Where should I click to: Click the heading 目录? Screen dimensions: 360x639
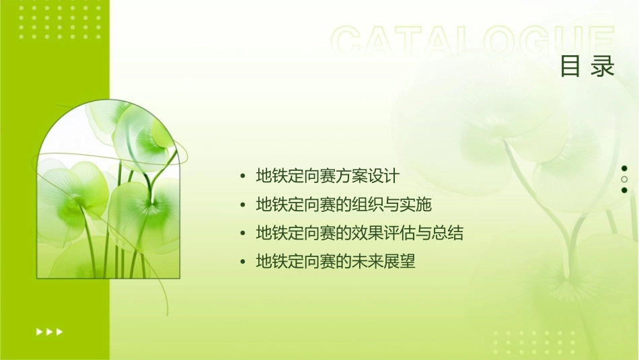coord(587,66)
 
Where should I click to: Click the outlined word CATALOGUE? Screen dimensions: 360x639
coord(472,42)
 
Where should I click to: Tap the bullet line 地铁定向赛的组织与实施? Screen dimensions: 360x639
coord(344,205)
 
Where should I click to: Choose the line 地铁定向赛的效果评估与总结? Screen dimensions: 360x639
coord(360,233)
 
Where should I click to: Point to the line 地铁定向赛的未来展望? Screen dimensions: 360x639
coord(336,262)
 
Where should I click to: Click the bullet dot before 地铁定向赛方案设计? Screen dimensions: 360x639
coord(243,177)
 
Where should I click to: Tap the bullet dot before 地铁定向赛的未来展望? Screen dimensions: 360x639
coord(243,262)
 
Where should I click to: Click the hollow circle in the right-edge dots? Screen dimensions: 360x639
coord(624,180)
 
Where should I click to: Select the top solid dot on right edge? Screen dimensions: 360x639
coord(624,168)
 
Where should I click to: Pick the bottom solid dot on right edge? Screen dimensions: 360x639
coord(624,190)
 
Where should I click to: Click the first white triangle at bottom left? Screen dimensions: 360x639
coord(40,331)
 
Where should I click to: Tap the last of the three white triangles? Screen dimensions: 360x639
coord(60,331)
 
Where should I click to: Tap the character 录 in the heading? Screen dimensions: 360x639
coord(603,66)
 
